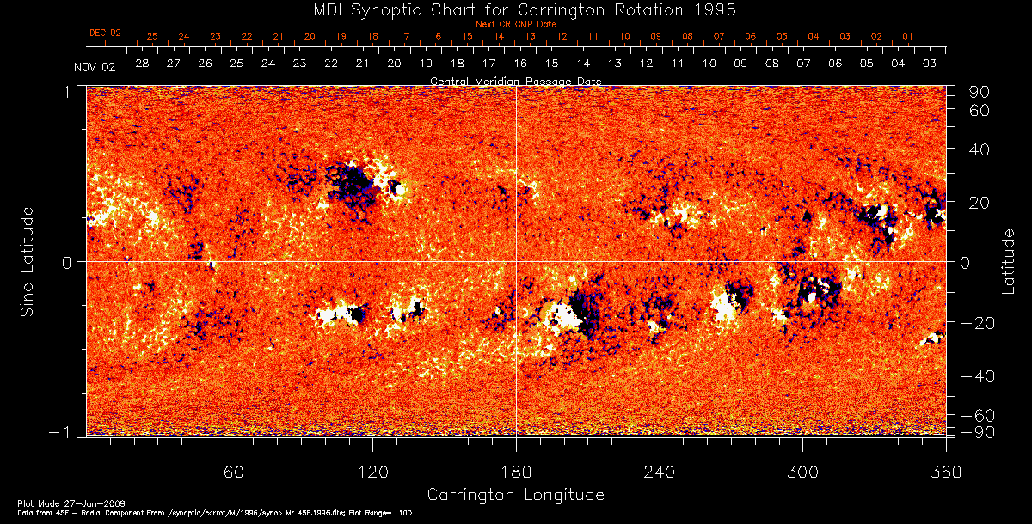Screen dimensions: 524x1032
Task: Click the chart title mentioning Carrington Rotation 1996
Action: (x=515, y=9)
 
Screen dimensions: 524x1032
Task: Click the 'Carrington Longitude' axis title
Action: (x=515, y=495)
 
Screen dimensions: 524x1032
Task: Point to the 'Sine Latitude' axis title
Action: (x=28, y=261)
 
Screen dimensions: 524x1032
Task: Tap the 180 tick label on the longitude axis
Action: (x=516, y=472)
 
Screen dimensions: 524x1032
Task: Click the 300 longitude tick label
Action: (x=802, y=472)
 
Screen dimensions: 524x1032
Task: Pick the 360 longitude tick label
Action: (x=945, y=472)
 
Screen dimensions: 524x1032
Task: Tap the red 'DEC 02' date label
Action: (x=105, y=33)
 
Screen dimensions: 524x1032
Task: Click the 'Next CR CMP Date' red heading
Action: (x=516, y=24)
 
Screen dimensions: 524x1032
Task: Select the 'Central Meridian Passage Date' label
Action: (x=516, y=81)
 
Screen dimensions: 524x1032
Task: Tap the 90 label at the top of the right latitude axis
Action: (x=982, y=92)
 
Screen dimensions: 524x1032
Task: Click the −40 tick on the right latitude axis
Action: (x=978, y=376)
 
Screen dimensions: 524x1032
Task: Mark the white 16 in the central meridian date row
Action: (x=520, y=64)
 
